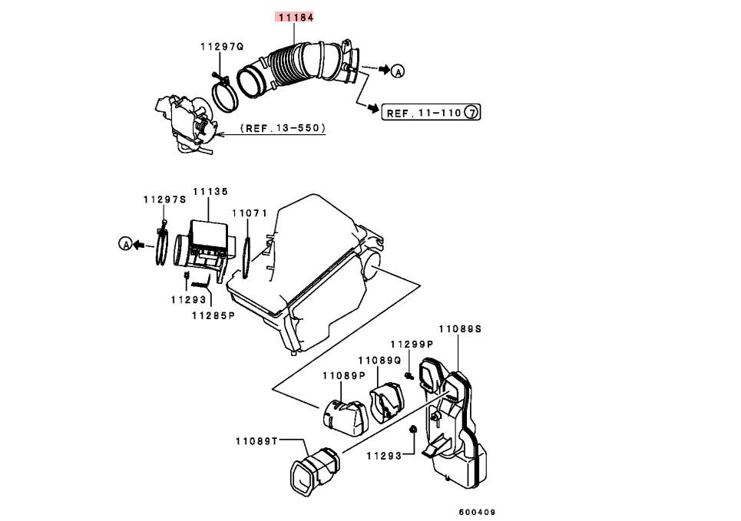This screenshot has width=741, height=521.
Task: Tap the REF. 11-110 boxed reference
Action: coord(431,113)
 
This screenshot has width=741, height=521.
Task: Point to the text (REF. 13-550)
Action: coord(283,128)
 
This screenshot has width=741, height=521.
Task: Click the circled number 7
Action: coord(471,113)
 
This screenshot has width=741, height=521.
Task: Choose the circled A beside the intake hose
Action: coord(399,71)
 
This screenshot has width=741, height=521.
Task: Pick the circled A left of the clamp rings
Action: coord(125,244)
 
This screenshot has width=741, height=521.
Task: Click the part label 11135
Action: coord(210,191)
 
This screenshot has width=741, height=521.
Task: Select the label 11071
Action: coord(250,213)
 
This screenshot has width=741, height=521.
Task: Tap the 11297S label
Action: coord(164,199)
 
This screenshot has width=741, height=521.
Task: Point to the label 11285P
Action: coord(213,315)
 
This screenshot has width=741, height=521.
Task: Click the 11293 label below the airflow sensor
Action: coord(189,299)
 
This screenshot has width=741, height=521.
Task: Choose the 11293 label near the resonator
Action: coord(384,456)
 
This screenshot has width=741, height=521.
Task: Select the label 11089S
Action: coord(460,328)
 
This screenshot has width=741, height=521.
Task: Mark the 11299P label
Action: coord(412,345)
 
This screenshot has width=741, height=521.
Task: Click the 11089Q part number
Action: coord(379,361)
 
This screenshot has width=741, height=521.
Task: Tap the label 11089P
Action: coord(344,375)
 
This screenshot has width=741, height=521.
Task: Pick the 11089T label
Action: coord(256,441)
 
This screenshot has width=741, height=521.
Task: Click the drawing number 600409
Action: coord(477,512)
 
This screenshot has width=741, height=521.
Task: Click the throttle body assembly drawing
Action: coord(185,124)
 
